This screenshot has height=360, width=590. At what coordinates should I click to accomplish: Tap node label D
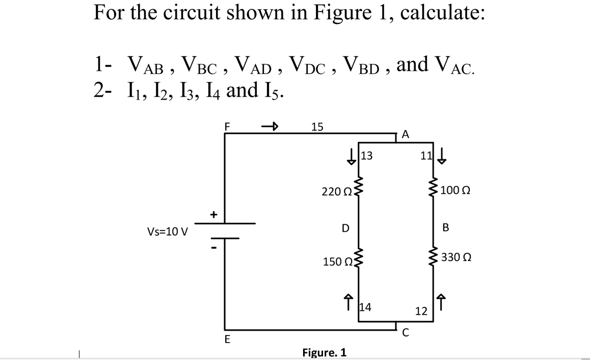click(344, 227)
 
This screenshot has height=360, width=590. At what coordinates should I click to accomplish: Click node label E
click(227, 340)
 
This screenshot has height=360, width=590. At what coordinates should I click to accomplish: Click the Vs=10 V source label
click(168, 232)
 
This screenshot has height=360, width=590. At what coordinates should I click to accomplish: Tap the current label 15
click(317, 127)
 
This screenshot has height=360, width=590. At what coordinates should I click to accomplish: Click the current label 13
click(367, 156)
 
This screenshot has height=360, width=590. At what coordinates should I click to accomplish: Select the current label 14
click(366, 307)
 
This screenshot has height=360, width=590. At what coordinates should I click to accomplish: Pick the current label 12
click(420, 311)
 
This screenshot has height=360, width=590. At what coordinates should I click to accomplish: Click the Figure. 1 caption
click(325, 352)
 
